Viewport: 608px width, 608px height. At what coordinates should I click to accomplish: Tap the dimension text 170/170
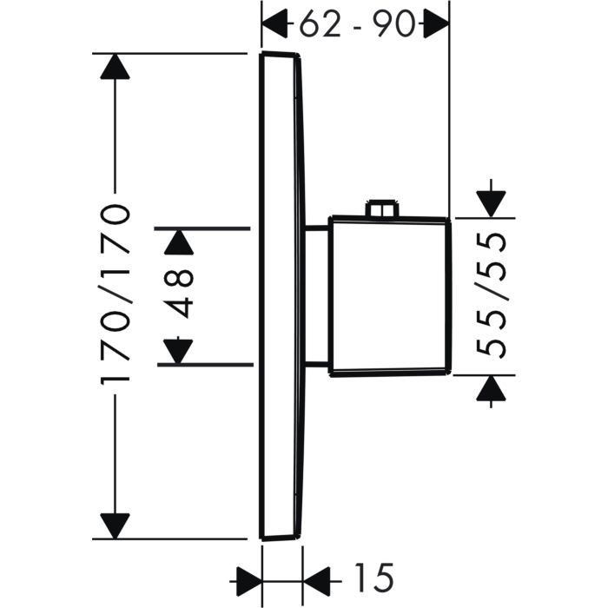116,295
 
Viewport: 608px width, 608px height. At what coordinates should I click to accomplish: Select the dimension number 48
179,295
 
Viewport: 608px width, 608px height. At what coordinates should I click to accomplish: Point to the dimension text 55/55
492,296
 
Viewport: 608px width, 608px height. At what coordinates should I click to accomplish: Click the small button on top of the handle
382,210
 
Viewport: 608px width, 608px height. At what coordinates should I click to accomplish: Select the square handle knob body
389,295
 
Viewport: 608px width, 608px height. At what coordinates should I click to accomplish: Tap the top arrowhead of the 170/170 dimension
116,68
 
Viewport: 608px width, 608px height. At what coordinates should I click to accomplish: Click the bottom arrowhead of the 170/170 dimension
116,525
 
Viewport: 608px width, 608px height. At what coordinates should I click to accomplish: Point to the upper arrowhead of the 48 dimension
179,241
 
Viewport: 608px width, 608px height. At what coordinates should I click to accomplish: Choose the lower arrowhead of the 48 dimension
179,350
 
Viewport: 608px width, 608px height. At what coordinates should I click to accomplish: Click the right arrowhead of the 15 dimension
317,576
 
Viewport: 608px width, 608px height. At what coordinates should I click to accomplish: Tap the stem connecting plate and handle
317,295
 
